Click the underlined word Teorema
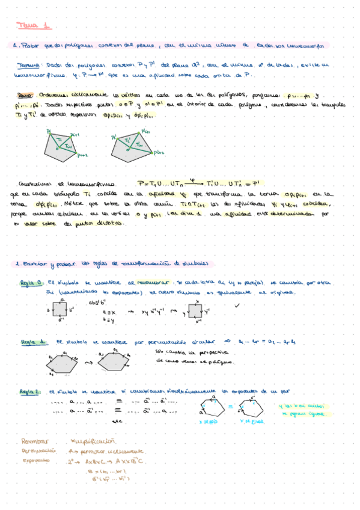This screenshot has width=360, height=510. tap(28, 66)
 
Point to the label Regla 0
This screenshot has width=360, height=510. tap(31, 281)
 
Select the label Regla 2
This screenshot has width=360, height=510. tap(31, 392)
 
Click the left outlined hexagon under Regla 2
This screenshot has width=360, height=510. tap(213, 409)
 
